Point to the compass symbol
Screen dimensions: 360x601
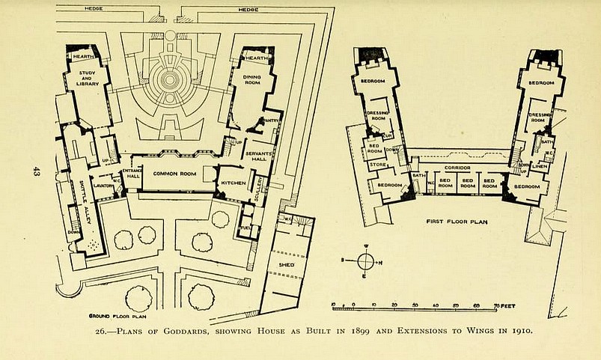point(365,262)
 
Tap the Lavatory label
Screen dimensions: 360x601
point(104,185)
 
